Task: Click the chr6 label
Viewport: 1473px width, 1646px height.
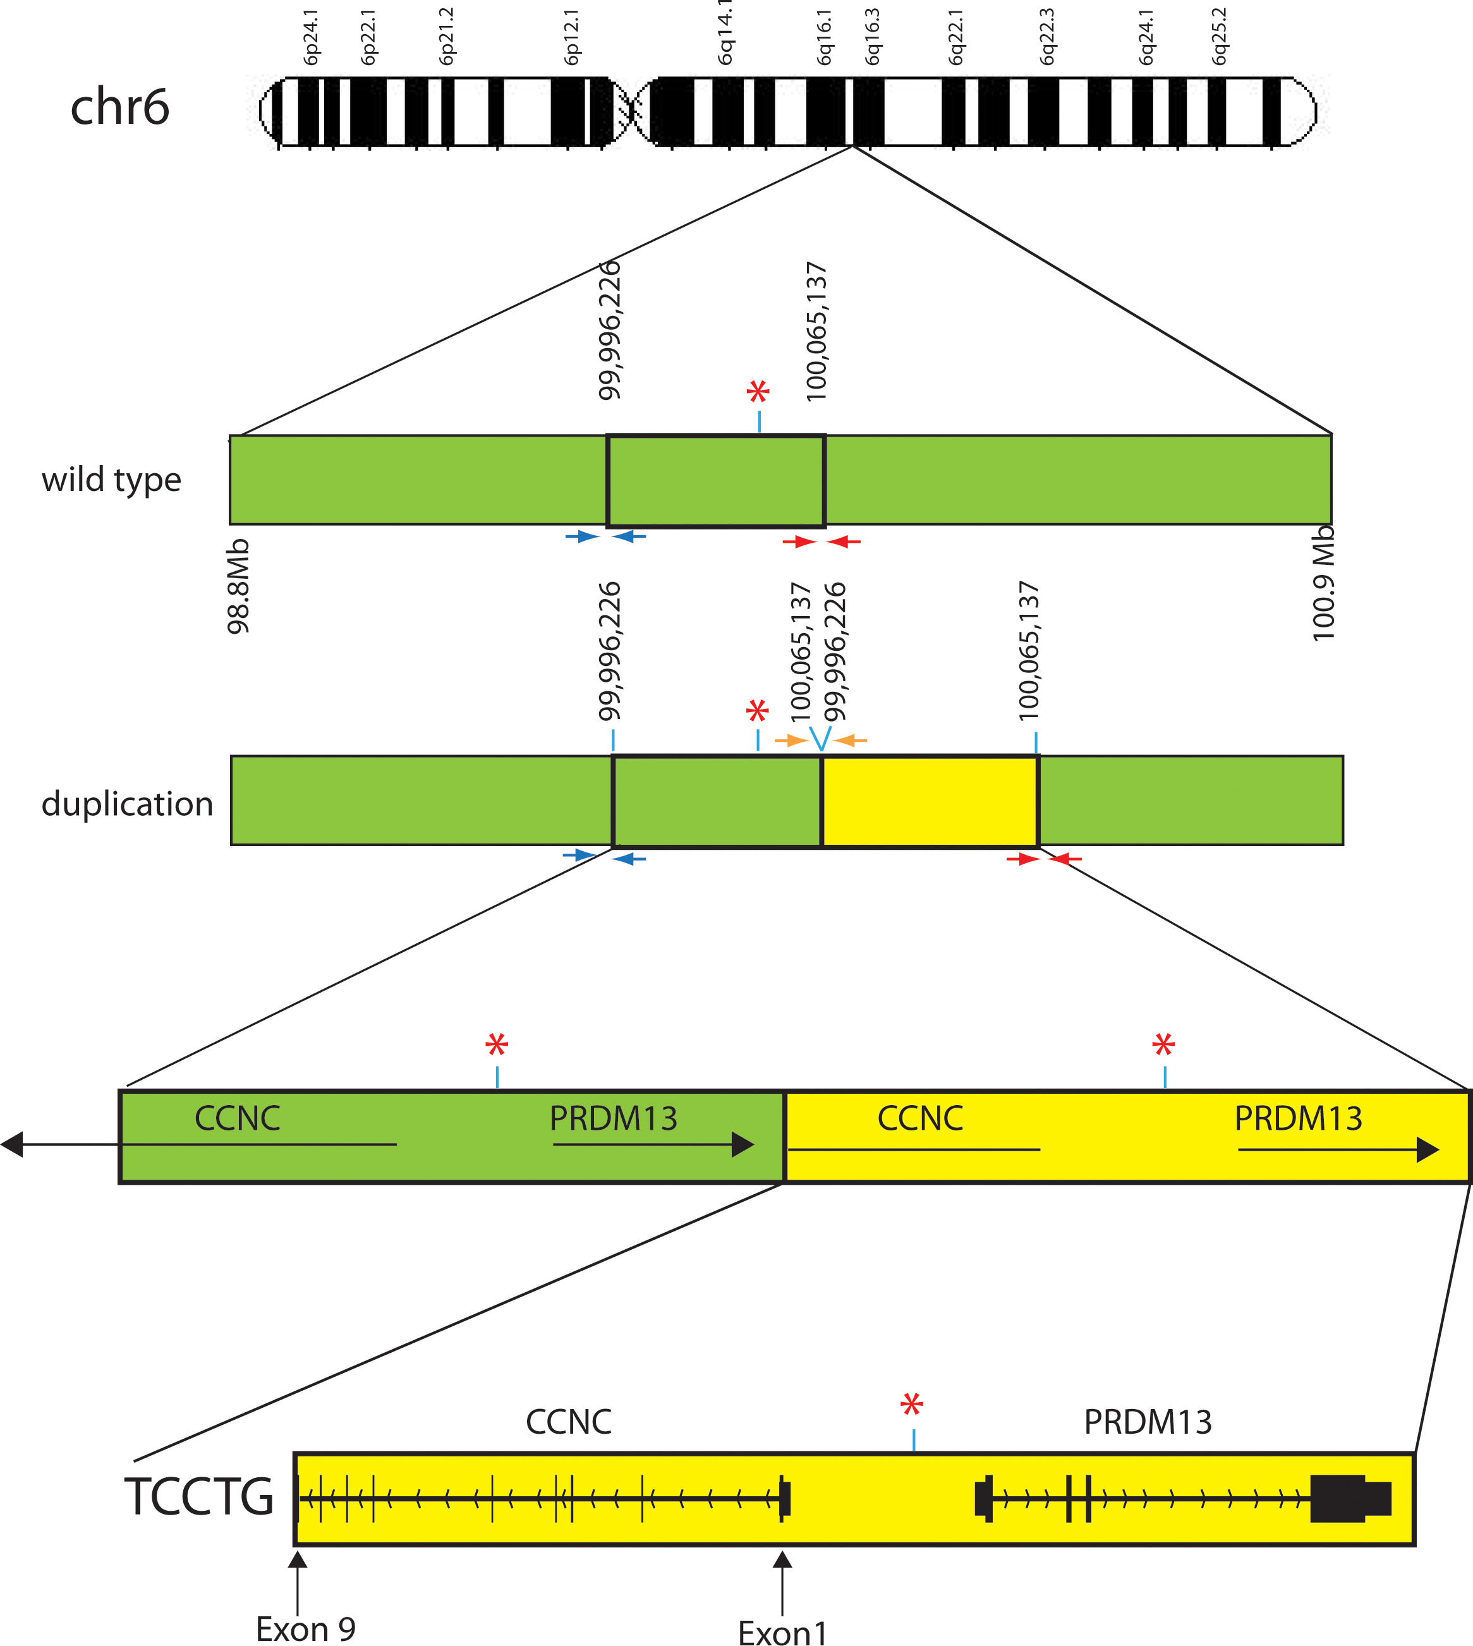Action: click(120, 107)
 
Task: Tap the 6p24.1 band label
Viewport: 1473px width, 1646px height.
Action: click(311, 37)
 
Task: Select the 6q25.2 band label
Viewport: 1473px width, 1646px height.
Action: click(1219, 37)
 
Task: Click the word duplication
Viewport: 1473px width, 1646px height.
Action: click(127, 804)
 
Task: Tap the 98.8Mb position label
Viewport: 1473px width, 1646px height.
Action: click(239, 587)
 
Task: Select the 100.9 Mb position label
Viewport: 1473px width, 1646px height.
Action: click(1323, 583)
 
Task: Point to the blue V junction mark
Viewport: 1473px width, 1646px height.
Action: click(821, 738)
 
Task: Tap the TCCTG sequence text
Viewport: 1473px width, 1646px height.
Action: click(199, 1496)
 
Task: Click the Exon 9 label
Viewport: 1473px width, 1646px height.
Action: click(305, 1628)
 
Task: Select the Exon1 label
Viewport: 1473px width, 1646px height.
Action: click(783, 1632)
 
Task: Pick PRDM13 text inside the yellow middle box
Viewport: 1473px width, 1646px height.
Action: click(1298, 1118)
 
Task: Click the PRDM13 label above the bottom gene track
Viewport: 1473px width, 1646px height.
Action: click(1148, 1422)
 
